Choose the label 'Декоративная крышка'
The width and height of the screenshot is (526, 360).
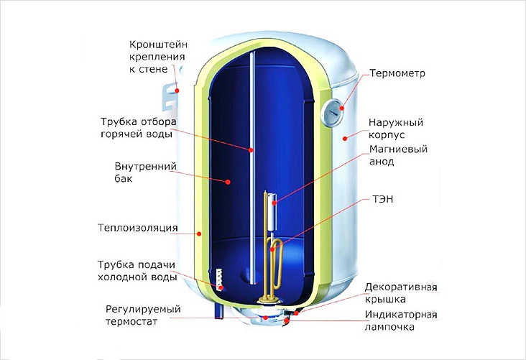click(x=401, y=292)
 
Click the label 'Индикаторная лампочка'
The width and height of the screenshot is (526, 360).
click(x=401, y=321)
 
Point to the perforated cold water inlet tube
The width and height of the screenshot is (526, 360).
click(x=216, y=280)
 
